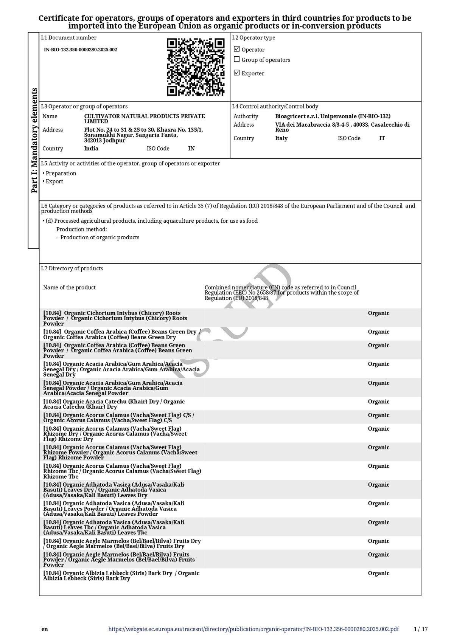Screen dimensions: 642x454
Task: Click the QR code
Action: pos(196,67)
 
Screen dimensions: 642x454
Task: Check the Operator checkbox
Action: pos(237,49)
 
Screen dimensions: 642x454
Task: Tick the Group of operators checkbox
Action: pos(237,59)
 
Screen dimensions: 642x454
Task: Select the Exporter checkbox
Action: pos(237,73)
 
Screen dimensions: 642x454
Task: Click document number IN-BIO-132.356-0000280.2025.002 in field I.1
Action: pos(81,50)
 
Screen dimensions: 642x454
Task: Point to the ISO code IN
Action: pos(191,149)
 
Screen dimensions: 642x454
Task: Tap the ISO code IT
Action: pos(382,138)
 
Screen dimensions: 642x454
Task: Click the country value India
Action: pos(91,149)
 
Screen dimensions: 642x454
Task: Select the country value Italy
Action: pos(281,138)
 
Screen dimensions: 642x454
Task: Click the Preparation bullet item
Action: pos(61,174)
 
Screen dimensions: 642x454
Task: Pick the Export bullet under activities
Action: pos(54,181)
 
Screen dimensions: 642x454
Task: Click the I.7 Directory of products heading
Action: pos(72,268)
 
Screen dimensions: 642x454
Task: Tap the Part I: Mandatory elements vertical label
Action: pos(34,140)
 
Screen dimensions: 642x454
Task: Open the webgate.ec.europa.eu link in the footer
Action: pos(253,629)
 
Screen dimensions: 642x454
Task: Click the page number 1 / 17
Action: pos(421,629)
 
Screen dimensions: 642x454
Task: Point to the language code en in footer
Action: pos(45,629)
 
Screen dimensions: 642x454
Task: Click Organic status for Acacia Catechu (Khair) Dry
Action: pos(378,402)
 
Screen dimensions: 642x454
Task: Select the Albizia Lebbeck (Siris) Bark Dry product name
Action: pos(121,576)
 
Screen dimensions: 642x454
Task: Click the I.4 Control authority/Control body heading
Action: pos(275,107)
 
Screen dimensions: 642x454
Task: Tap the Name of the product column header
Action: pos(69,288)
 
